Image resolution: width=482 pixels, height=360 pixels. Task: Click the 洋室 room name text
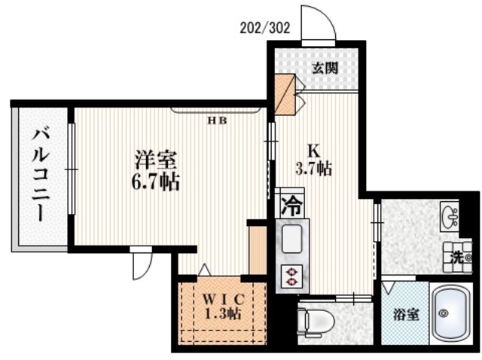pos(156,160)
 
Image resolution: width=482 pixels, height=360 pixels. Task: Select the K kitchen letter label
pos(313,148)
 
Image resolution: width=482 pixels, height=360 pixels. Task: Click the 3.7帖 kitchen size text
pos(314,169)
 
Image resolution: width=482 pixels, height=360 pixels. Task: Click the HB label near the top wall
pos(218,120)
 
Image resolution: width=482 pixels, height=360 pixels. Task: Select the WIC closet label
pos(222,296)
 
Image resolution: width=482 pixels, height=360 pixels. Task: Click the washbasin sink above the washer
pos(451,217)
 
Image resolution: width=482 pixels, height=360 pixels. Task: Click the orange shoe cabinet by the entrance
pos(285,94)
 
